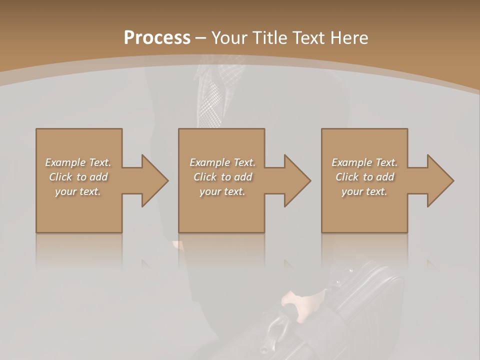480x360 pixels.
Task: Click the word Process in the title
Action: point(157,38)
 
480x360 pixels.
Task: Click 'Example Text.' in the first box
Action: point(78,162)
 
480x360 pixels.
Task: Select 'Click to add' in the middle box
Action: point(222,177)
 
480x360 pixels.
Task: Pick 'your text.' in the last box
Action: point(364,191)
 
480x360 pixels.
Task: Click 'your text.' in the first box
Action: point(78,191)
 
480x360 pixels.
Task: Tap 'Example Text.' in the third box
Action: point(364,162)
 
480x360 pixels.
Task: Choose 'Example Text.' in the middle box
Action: point(222,162)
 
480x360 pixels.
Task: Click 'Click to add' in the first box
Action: point(78,177)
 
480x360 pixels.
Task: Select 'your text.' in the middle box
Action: point(222,191)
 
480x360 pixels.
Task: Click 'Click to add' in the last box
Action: point(364,177)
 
